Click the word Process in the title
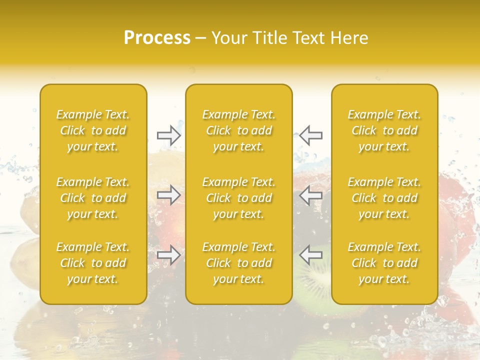pyautogui.click(x=157, y=37)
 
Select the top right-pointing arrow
pyautogui.click(x=169, y=135)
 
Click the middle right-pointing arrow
pyautogui.click(x=169, y=194)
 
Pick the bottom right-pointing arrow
pyautogui.click(x=169, y=255)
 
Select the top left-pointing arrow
pyautogui.click(x=311, y=135)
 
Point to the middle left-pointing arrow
pyautogui.click(x=311, y=194)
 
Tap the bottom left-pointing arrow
pyautogui.click(x=311, y=255)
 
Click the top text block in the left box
pyautogui.click(x=93, y=130)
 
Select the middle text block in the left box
pyautogui.click(x=93, y=198)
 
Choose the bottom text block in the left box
pyautogui.click(x=93, y=263)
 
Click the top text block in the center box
pyautogui.click(x=239, y=130)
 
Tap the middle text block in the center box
pyautogui.click(x=239, y=198)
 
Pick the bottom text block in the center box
pyautogui.click(x=239, y=263)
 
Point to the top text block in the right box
pyautogui.click(x=384, y=130)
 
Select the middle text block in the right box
pyautogui.click(x=384, y=198)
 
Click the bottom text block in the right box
pyautogui.click(x=384, y=263)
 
